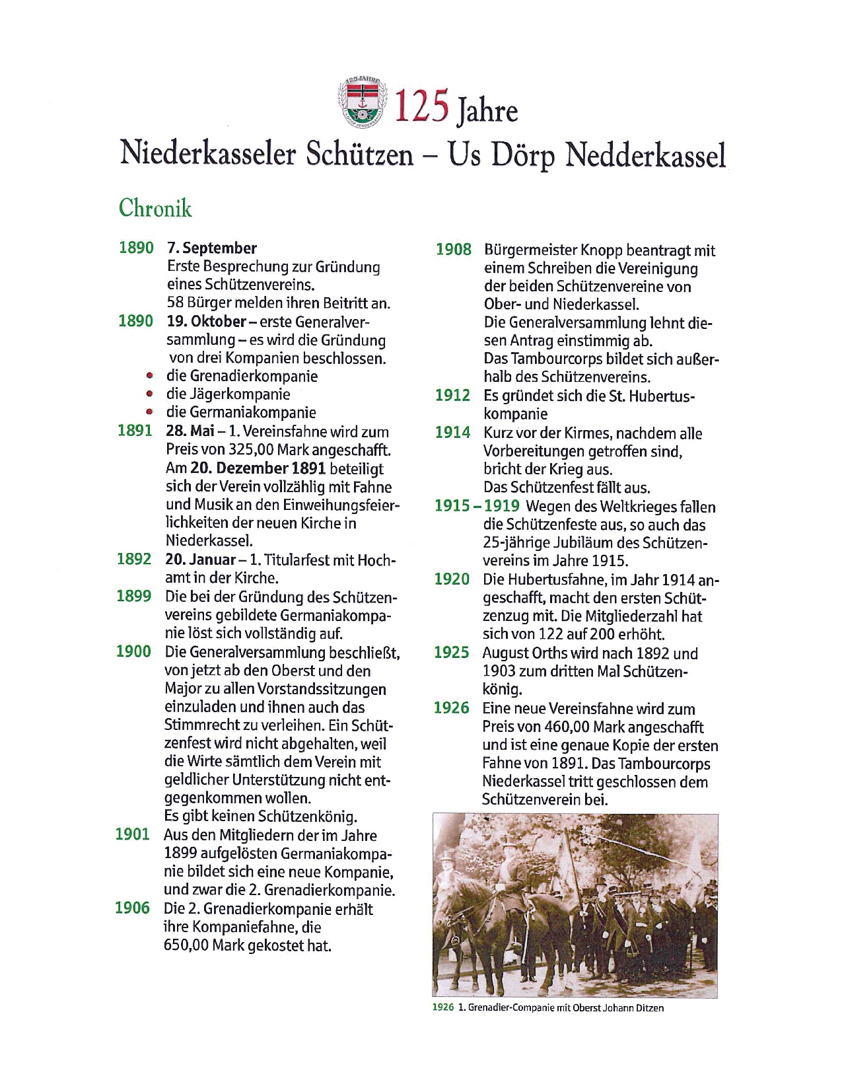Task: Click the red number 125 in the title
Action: point(422,106)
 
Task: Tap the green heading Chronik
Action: point(155,208)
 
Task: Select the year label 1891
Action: point(135,431)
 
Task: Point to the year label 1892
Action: point(134,559)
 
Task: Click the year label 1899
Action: point(134,596)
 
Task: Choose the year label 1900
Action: point(133,651)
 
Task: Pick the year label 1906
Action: point(132,908)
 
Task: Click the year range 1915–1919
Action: point(477,506)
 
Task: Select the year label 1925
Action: point(451,653)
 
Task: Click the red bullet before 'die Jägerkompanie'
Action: point(151,394)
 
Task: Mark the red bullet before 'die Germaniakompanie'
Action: point(151,412)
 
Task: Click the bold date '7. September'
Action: point(211,248)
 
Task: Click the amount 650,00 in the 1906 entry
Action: point(186,945)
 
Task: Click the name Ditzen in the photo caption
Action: point(650,1008)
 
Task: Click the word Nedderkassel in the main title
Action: point(646,155)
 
